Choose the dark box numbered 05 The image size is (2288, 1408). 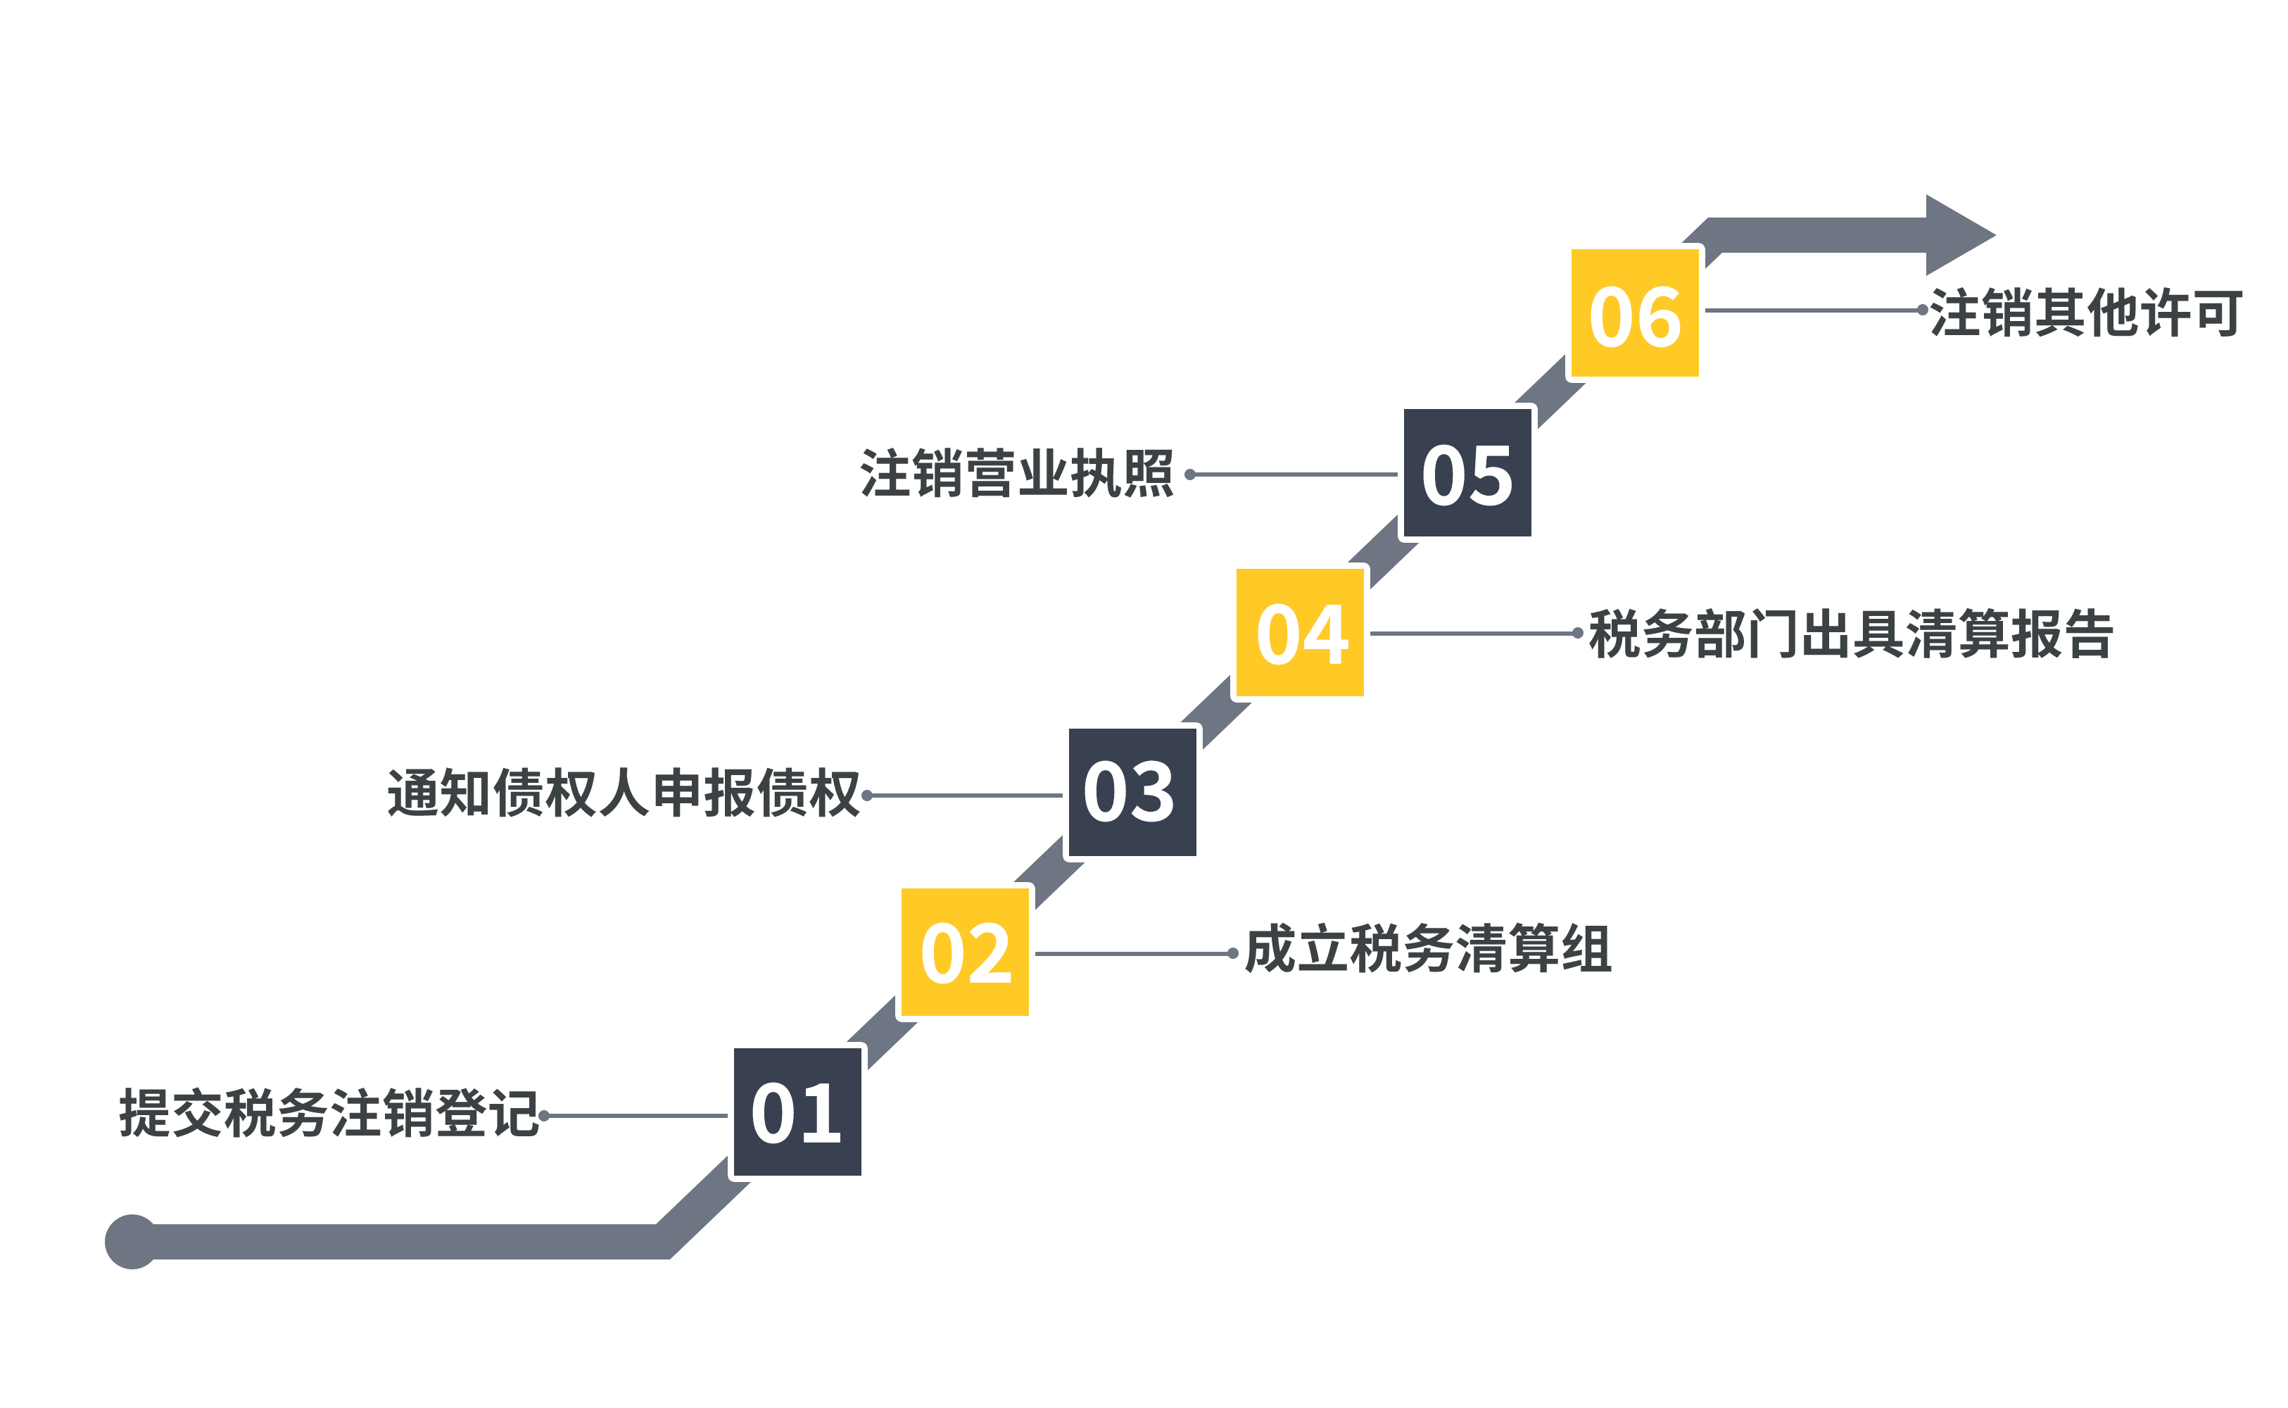1467,473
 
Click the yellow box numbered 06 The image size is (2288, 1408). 1635,313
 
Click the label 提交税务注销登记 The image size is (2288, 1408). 329,1113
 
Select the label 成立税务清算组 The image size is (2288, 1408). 1427,950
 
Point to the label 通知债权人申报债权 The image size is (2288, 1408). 623,793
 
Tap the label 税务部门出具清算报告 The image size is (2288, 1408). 1850,634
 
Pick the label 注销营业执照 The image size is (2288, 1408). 1016,473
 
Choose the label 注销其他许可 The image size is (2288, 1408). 2085,312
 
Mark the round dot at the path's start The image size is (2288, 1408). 131,1241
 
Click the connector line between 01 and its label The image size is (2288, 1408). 638,1114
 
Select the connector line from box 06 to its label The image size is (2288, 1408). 1813,310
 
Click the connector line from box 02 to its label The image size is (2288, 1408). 1134,953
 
